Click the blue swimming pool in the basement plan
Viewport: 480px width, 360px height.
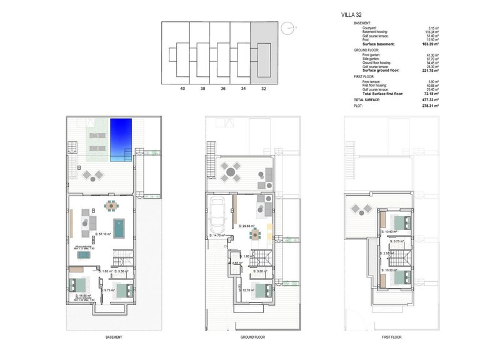[x=122, y=141]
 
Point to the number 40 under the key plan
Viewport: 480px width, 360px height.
[x=182, y=89]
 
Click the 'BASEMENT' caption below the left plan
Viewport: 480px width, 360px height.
[x=113, y=337]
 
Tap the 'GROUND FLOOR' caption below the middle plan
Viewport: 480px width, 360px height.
[x=253, y=337]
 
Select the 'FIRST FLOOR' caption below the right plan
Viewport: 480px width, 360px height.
[x=391, y=337]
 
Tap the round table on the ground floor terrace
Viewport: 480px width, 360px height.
[x=231, y=171]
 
